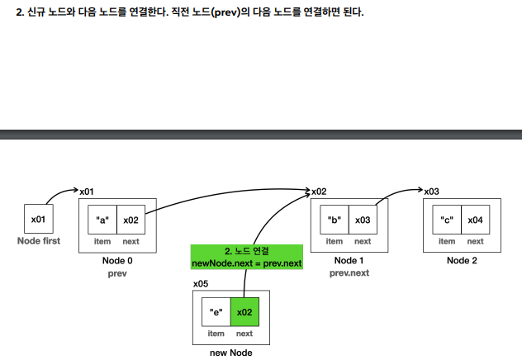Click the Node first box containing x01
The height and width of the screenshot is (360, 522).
click(39, 219)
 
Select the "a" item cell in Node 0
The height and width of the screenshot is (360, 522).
click(102, 220)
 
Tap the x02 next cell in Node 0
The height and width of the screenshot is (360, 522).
click(130, 220)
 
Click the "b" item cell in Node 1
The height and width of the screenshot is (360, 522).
click(335, 220)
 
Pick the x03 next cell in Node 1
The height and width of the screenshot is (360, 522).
click(363, 220)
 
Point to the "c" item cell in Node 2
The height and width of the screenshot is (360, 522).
click(447, 220)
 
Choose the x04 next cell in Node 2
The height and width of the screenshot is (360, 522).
click(476, 220)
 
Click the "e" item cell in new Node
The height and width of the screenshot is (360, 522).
click(216, 312)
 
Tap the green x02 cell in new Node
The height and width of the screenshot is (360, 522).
click(244, 312)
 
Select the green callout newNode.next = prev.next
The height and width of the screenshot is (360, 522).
click(247, 257)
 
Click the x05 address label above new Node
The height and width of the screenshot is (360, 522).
click(201, 284)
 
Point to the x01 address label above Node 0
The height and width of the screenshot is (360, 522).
click(87, 192)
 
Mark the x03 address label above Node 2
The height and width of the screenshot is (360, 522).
click(431, 192)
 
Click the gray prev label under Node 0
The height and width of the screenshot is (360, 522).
click(117, 273)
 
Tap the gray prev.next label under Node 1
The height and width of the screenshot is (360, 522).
click(349, 273)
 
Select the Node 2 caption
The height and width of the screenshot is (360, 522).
click(462, 260)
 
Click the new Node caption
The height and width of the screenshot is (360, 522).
click(230, 353)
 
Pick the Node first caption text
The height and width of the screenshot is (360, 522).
click(39, 240)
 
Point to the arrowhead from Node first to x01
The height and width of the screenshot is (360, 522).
click(75, 190)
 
